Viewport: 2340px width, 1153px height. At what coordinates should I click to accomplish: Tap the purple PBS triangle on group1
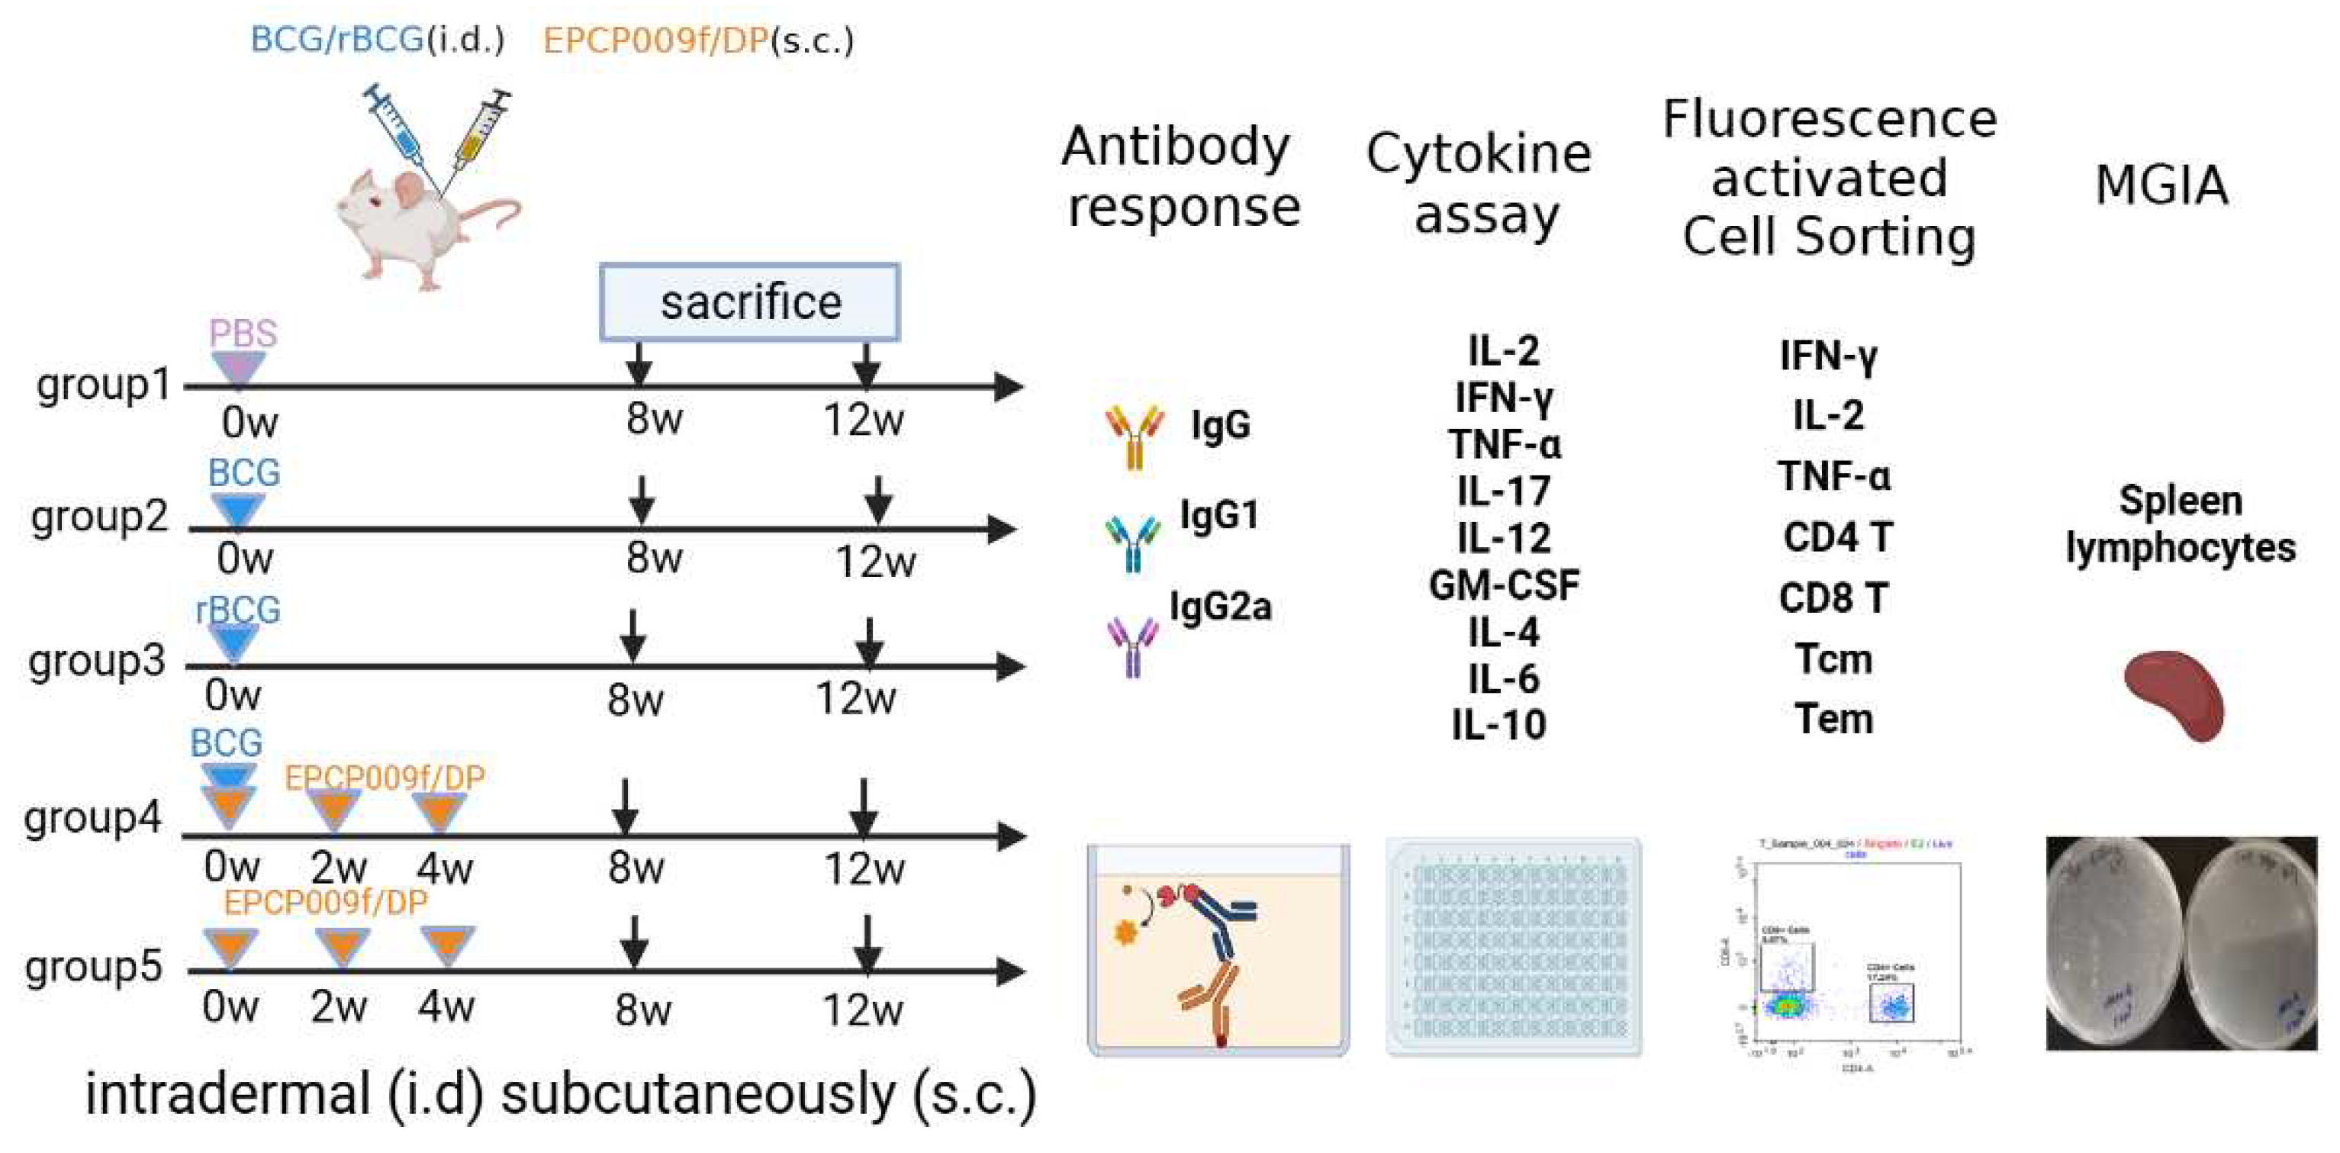(x=238, y=369)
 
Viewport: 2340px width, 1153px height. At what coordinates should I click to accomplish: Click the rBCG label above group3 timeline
(x=238, y=610)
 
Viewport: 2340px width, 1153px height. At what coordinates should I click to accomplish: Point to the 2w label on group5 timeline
(x=338, y=1007)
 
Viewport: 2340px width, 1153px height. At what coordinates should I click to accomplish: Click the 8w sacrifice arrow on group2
(x=642, y=500)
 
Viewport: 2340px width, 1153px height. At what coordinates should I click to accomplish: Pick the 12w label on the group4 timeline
(x=863, y=870)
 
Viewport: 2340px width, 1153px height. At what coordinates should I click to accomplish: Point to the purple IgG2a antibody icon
(x=1131, y=646)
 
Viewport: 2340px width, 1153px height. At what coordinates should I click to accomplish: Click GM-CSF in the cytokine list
(x=1503, y=586)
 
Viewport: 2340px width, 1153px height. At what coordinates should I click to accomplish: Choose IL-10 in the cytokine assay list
(x=1498, y=725)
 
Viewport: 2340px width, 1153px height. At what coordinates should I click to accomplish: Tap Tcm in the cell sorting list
(x=1833, y=659)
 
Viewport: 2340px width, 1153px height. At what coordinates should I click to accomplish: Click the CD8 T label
(x=1833, y=597)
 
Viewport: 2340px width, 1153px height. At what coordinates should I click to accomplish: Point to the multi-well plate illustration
(x=1514, y=947)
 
